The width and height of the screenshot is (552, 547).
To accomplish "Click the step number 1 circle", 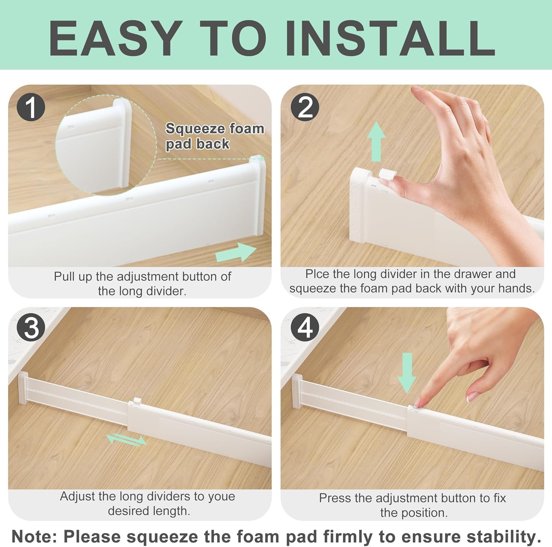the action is pos(31,107).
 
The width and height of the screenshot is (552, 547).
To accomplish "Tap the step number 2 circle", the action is pos(305,107).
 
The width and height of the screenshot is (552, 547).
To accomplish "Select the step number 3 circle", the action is pos(31,327).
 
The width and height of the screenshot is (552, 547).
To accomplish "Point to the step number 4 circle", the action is pos(305,327).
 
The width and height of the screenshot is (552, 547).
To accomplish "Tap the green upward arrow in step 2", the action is pos(376,142).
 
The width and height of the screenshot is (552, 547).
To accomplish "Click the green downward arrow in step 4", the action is pos(407,373).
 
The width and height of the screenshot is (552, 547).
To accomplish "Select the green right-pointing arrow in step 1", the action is pos(236,252).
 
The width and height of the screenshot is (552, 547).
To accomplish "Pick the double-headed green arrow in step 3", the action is pos(126,440).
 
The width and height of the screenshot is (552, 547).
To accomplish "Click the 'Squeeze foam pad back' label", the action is pos(215,136).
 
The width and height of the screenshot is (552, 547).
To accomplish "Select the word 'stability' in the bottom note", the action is pos(502,537).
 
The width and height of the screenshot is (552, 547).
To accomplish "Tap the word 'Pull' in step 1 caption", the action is pos(64,276).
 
